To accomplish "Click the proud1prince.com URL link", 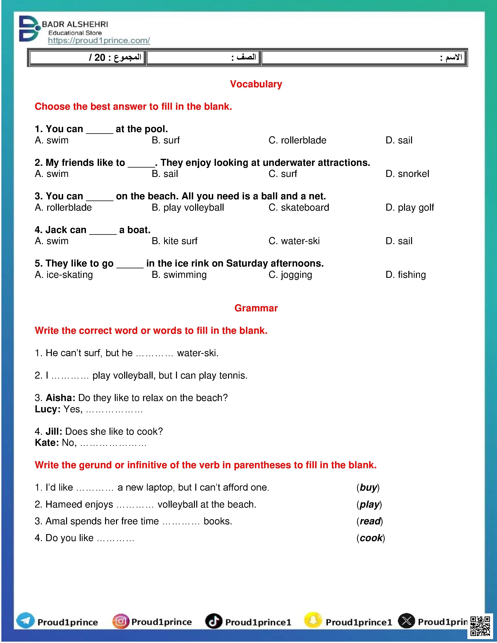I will pyautogui.click(x=99, y=41).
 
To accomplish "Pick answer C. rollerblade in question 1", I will pyautogui.click(x=297, y=140).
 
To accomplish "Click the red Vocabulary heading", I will pyautogui.click(x=256, y=84).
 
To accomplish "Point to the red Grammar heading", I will pyautogui.click(x=256, y=308).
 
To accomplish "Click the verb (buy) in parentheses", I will pyautogui.click(x=368, y=488).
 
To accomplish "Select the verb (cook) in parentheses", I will pyautogui.click(x=371, y=538).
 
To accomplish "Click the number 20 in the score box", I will pyautogui.click(x=100, y=57).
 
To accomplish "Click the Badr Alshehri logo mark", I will pyautogui.click(x=29, y=29).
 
